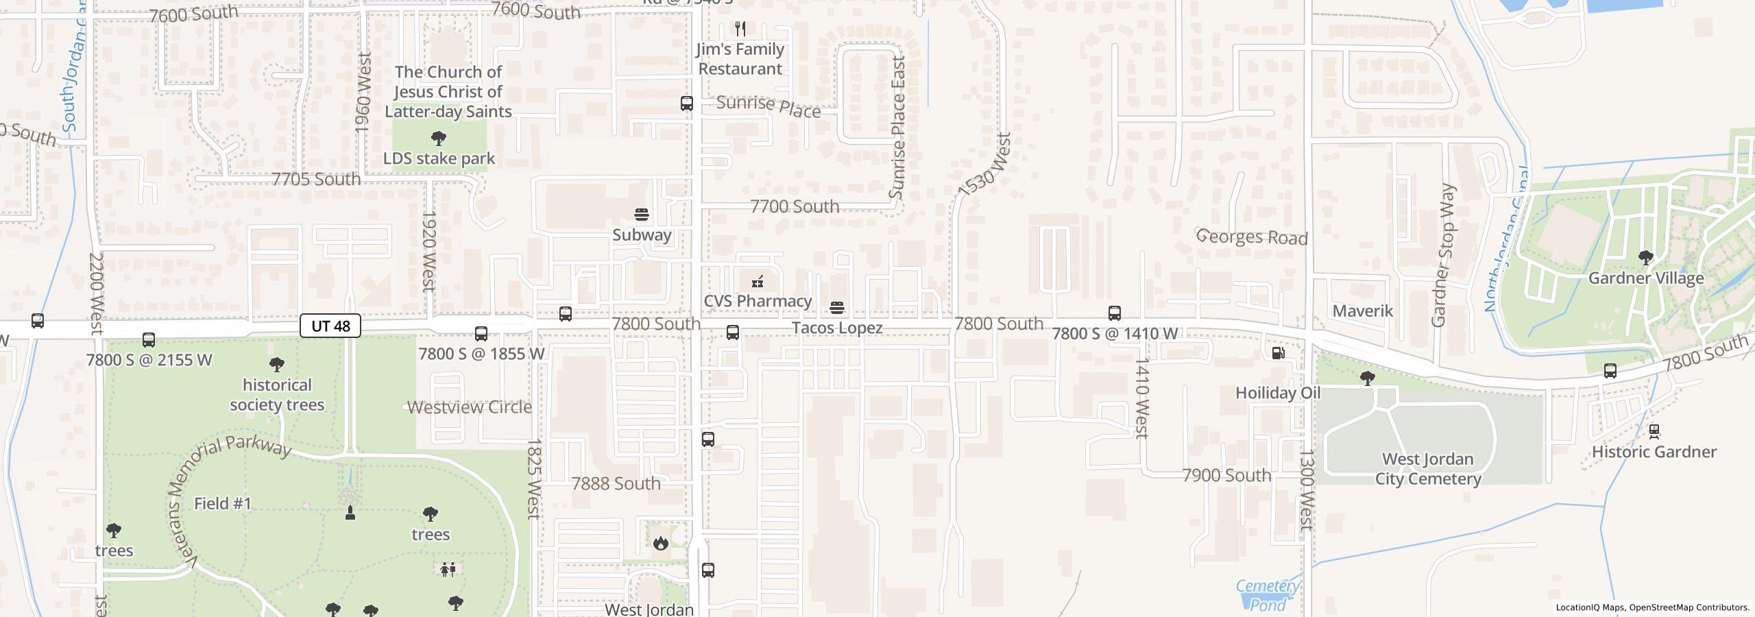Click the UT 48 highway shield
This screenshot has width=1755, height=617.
coord(330,326)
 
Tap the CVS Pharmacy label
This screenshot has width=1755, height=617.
coord(758,301)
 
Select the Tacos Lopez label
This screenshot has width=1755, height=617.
coord(837,328)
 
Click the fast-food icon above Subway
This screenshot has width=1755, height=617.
coord(642,215)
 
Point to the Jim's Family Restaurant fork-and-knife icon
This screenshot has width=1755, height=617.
coord(740,29)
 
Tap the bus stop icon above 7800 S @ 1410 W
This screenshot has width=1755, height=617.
coord(1115,313)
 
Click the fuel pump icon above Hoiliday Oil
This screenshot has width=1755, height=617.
coord(1278,353)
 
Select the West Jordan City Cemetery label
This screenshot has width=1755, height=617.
coord(1428,469)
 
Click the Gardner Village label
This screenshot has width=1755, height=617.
coord(1645,278)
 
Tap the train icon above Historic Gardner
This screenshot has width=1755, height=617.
coord(1654,431)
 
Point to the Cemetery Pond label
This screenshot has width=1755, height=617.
coord(1267,595)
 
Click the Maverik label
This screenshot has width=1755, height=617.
coord(1362,311)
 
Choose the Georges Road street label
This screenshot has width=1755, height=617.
coord(1252,237)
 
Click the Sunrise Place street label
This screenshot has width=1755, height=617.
coord(768,106)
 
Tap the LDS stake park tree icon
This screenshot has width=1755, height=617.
coord(439,138)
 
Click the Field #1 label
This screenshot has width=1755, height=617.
coord(223,503)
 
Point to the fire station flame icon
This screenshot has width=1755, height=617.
coord(660,543)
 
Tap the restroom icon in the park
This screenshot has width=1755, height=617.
coord(448,569)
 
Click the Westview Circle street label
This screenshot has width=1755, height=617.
coord(470,407)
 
